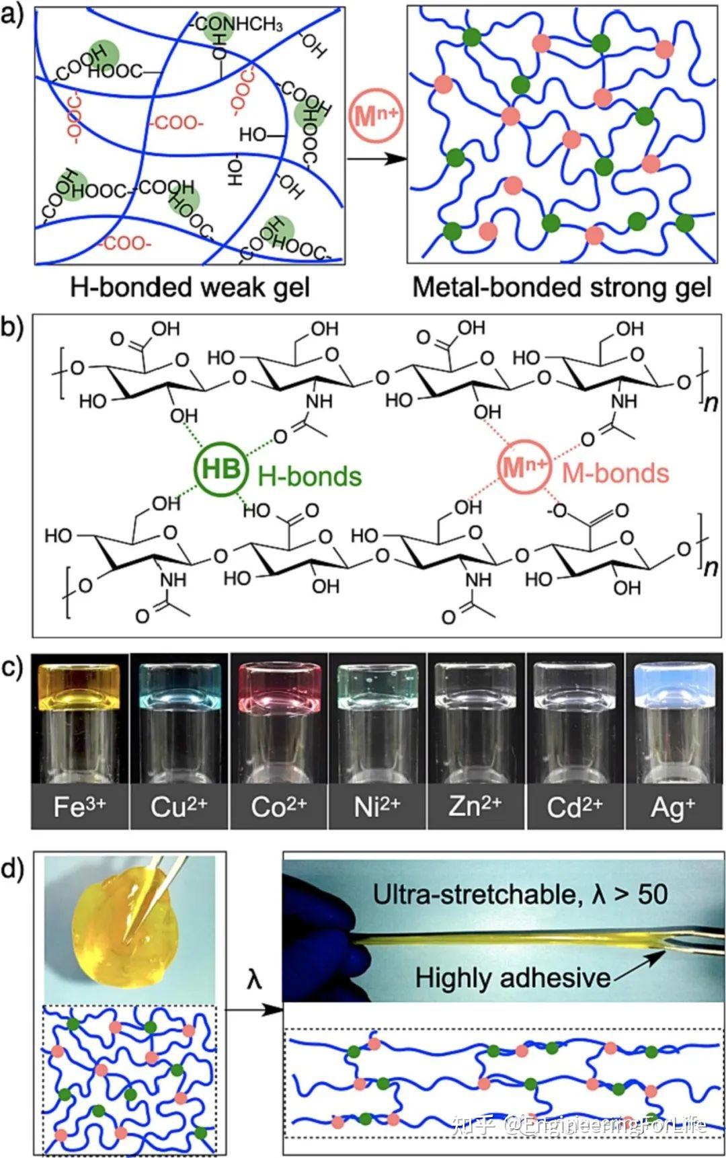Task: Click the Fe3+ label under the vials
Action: point(79,806)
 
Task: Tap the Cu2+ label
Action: point(178,806)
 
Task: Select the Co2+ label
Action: point(278,806)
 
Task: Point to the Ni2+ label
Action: point(376,806)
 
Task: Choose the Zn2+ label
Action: point(475,806)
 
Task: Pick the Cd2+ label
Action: point(574,806)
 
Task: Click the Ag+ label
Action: point(672,806)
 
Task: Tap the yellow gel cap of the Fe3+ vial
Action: point(79,686)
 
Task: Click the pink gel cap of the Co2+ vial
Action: point(278,686)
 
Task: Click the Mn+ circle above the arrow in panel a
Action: point(375,116)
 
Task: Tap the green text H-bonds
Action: point(310,476)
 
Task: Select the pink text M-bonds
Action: point(615,473)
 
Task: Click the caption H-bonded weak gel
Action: point(190,287)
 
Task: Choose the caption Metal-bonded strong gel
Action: point(561,287)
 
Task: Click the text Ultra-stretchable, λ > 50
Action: point(520,894)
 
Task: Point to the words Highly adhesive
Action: point(512,977)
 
